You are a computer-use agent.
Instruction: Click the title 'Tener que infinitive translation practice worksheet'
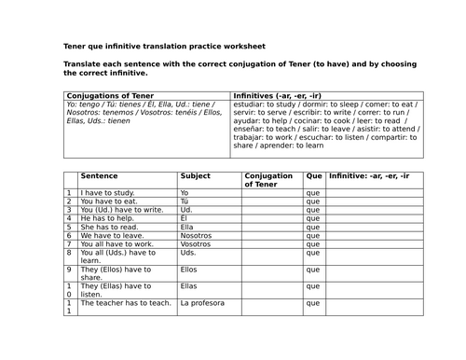(164, 45)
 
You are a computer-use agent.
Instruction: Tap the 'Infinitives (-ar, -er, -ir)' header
(279, 95)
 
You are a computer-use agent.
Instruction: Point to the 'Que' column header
(313, 175)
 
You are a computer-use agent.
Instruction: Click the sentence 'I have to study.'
(106, 192)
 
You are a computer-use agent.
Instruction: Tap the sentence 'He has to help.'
(106, 218)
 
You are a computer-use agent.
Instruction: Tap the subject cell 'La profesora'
(203, 302)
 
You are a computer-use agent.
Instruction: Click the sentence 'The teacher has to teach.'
(126, 302)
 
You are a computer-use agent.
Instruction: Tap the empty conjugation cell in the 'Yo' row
(271, 192)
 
